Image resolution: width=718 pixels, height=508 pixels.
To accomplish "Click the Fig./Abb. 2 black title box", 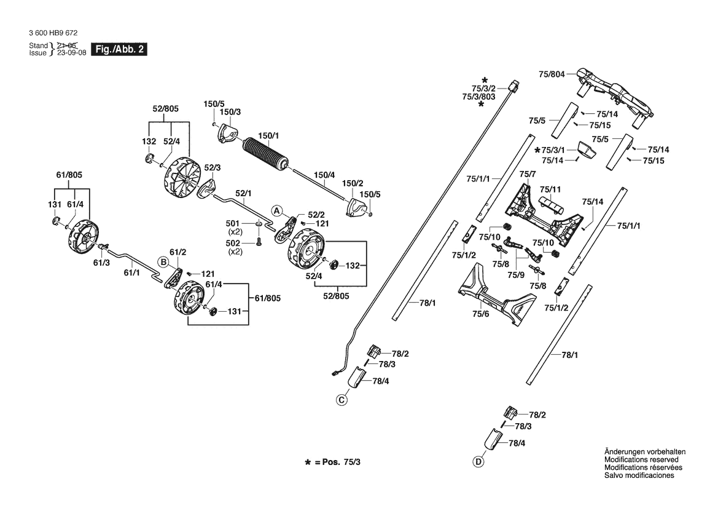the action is (x=119, y=50).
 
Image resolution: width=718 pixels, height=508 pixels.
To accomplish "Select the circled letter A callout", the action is (x=276, y=210).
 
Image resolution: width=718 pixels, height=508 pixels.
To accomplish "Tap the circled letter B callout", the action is (x=163, y=262).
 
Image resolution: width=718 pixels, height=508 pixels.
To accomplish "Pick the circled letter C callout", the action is (x=341, y=400).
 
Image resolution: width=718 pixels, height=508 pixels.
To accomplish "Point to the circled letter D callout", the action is (x=478, y=462).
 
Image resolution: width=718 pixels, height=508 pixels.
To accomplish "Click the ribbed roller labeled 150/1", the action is (x=265, y=154).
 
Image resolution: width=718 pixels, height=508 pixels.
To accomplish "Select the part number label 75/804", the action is (x=552, y=74).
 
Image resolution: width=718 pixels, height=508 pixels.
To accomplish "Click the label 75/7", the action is (x=528, y=174).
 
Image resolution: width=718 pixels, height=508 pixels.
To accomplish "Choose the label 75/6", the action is (x=481, y=314).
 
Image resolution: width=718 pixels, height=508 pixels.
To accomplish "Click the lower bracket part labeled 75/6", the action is (x=497, y=293).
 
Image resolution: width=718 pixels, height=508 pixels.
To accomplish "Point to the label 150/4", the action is (x=324, y=175).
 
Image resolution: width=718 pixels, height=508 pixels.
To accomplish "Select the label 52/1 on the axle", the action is (x=243, y=194).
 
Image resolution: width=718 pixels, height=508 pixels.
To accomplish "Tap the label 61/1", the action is (x=132, y=273).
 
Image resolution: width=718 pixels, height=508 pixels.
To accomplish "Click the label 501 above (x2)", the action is (x=233, y=223).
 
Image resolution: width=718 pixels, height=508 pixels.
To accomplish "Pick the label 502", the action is (x=233, y=243).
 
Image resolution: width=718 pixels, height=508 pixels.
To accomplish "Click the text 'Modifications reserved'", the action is (x=641, y=459).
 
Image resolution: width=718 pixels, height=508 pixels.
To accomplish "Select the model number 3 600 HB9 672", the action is (x=53, y=33).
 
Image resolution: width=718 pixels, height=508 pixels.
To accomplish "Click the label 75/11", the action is (x=550, y=189).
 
